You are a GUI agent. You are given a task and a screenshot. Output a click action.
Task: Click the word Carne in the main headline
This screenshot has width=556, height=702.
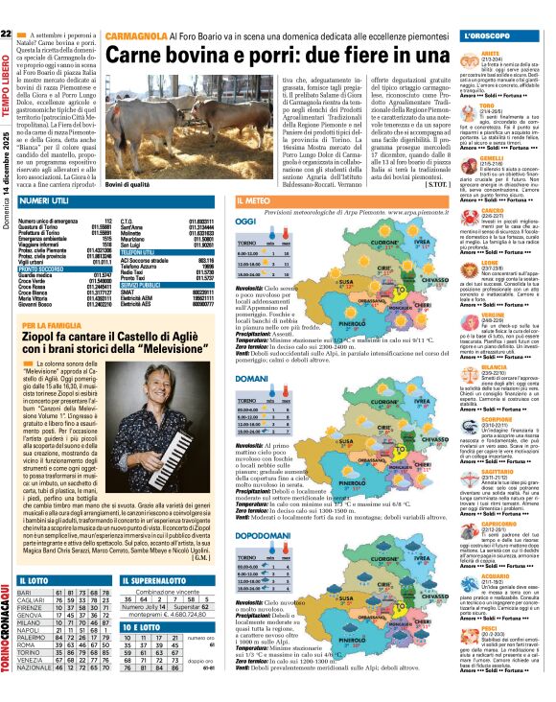click(142, 57)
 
